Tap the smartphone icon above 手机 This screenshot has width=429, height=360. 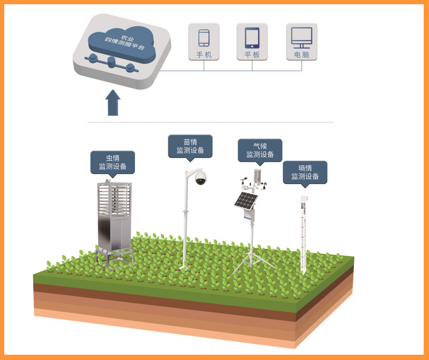[204, 38]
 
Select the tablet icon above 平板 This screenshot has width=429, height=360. [252, 38]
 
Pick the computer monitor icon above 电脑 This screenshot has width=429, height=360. [302, 36]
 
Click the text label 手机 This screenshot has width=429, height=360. [204, 54]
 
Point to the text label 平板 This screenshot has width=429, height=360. [252, 54]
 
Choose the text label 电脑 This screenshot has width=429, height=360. [302, 54]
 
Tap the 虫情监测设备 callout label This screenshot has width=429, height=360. [113, 162]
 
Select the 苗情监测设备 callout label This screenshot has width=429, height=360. [190, 146]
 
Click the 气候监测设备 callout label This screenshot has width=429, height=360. [260, 150]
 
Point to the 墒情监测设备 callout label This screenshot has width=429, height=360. [305, 172]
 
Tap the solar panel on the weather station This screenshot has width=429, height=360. [246, 201]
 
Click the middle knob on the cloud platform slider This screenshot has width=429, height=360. [112, 63]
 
